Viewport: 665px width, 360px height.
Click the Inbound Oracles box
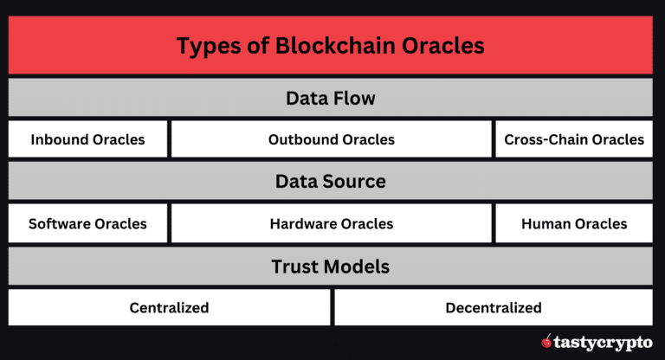[87, 139]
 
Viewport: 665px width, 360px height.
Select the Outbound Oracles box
[331, 139]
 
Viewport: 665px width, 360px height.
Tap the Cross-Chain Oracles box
[573, 139]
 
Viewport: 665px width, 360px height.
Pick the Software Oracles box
[87, 223]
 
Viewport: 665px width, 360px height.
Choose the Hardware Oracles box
[331, 223]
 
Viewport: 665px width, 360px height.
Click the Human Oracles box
[573, 223]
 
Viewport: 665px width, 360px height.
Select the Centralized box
[169, 307]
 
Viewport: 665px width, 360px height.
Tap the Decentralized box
[493, 307]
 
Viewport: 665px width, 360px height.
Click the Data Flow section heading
[331, 98]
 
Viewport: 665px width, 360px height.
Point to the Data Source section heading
[331, 182]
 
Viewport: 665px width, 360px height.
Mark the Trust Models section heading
[331, 266]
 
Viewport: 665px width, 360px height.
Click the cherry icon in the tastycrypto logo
[546, 342]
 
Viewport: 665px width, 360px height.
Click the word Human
[546, 223]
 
